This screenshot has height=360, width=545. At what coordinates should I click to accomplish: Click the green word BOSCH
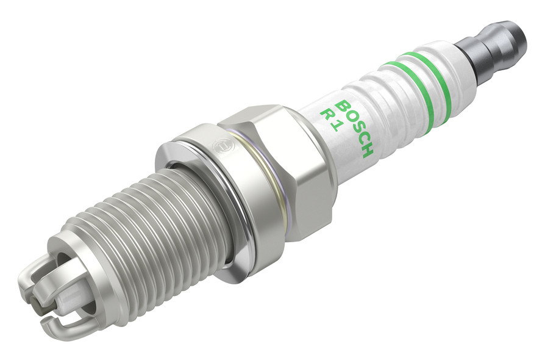[x=355, y=128]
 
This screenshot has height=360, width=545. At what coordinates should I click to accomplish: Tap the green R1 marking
[x=329, y=120]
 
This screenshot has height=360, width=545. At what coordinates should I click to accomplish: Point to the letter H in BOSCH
[x=367, y=150]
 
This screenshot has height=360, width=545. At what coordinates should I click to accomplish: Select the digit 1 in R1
[x=333, y=126]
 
